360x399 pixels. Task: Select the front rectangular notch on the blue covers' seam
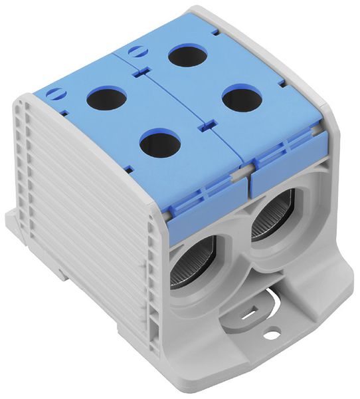(x=205, y=123)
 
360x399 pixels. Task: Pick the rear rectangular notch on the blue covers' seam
(x=141, y=69)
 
